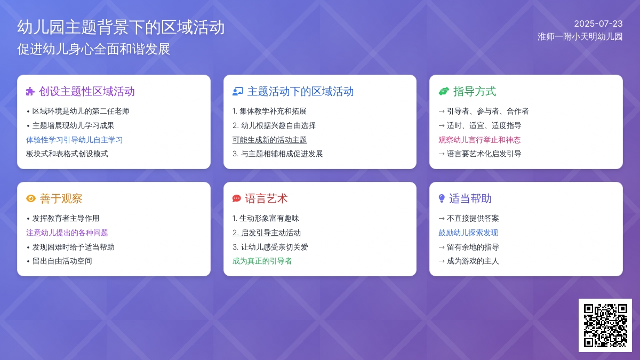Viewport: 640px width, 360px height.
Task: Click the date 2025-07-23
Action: (598, 23)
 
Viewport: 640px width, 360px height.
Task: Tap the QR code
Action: (605, 325)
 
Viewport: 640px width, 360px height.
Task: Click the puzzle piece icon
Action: (30, 91)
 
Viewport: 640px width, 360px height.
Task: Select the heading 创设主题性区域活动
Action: (86, 91)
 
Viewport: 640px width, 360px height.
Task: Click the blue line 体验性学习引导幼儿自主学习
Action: (74, 140)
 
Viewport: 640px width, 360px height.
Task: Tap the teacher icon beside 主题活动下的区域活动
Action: (238, 91)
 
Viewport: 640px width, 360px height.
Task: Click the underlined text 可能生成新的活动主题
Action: (269, 140)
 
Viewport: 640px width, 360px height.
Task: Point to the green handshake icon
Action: (444, 91)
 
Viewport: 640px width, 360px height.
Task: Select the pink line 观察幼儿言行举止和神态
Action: (479, 140)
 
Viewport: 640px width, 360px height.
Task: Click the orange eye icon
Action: (31, 198)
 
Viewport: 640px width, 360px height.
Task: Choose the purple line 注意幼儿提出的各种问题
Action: (67, 233)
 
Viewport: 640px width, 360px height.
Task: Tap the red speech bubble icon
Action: (237, 198)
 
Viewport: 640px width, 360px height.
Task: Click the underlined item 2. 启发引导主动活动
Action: (267, 233)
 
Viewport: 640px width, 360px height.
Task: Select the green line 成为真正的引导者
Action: (262, 261)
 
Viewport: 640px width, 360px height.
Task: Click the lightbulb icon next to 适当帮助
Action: (442, 198)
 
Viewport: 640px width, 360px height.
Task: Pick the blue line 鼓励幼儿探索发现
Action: (468, 233)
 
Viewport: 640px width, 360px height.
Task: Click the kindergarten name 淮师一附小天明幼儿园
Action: (580, 37)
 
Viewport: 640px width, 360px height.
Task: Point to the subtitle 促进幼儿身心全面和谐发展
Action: (94, 49)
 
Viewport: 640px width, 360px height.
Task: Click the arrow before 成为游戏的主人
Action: (442, 261)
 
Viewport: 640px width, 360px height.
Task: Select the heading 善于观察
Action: (61, 198)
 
